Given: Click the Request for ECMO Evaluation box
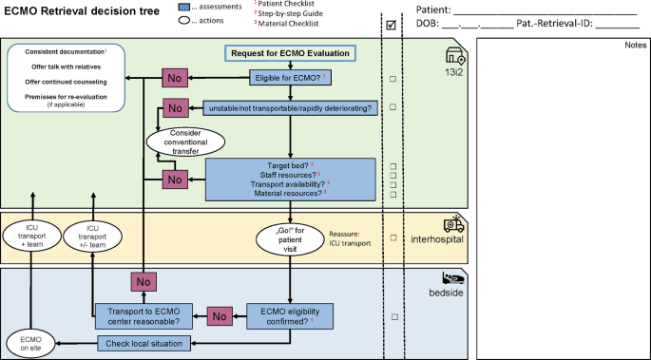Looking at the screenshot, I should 291,53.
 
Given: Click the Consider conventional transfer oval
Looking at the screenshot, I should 185,142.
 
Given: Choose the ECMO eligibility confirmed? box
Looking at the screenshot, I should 290,314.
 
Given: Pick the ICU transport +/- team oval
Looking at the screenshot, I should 93,235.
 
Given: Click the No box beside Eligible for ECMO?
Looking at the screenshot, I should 175,78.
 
